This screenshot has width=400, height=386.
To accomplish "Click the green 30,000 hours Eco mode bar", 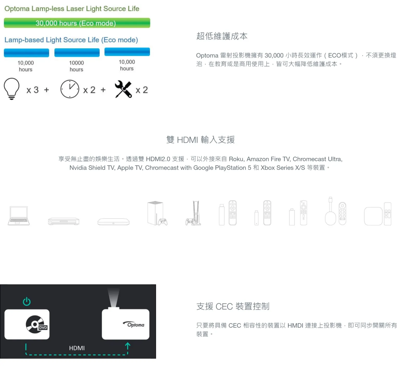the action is (77, 23).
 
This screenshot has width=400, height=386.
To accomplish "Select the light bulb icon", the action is (12, 89).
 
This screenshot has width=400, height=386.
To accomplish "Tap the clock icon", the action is (70, 89).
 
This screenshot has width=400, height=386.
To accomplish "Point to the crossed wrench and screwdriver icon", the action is (123, 89).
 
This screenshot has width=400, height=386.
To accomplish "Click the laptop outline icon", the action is (19, 216).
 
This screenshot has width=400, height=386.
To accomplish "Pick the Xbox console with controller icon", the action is (157, 213).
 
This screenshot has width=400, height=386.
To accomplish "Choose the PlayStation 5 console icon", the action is (193, 213).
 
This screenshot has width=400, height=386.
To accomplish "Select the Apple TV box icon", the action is (373, 216).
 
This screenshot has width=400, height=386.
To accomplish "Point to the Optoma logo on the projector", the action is (134, 324).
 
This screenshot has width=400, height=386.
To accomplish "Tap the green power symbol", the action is (27, 301).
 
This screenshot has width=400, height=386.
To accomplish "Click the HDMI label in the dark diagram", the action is (77, 348).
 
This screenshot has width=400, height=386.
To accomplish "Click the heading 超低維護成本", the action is (222, 36).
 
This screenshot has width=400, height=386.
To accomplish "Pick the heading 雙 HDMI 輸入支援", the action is (201, 140).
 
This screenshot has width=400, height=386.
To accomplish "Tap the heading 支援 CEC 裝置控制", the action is (233, 306).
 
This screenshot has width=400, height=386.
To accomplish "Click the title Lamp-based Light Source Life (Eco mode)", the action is (71, 40).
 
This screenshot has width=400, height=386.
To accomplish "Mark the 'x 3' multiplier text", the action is (33, 90).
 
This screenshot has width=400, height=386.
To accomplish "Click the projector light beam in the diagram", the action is (114, 298).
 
